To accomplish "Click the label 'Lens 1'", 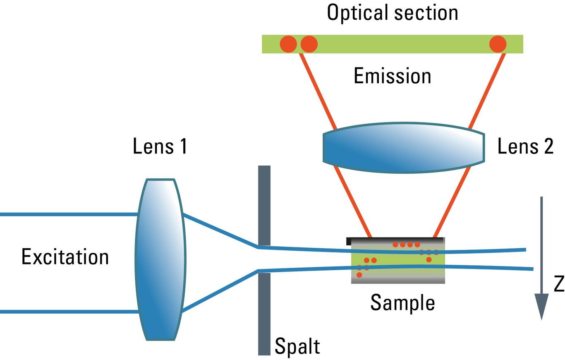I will tap(160, 146).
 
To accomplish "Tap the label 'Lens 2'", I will tap(525, 146).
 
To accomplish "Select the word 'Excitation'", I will tap(65, 257).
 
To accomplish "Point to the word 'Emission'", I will tap(392, 76).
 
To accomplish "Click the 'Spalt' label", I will tap(297, 346).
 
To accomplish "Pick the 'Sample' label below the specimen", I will tap(402, 302).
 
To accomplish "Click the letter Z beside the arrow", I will tap(558, 285).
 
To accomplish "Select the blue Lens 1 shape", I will tap(160, 259).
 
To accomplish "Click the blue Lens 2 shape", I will tap(403, 147).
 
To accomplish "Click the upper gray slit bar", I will tap(264, 205).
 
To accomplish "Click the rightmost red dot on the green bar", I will tap(498, 44).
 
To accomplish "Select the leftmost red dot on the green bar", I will tap(288, 44).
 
